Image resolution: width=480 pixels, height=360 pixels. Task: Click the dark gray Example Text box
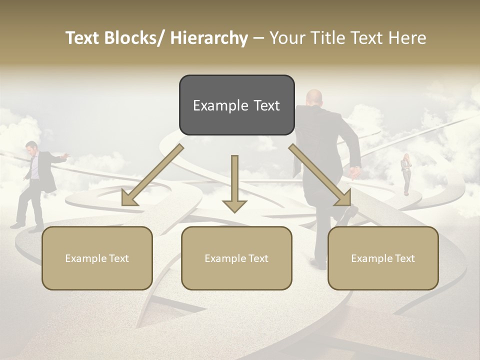(x=236, y=105)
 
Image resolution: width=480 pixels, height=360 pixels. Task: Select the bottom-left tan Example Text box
(x=97, y=258)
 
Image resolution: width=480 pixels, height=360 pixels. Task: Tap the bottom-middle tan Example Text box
(x=236, y=258)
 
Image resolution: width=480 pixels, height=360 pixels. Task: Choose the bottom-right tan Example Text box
(x=383, y=258)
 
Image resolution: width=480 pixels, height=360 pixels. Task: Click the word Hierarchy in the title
(x=209, y=38)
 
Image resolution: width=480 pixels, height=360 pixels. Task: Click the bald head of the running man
(x=314, y=97)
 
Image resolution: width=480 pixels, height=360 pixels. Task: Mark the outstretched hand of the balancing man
(x=65, y=155)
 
